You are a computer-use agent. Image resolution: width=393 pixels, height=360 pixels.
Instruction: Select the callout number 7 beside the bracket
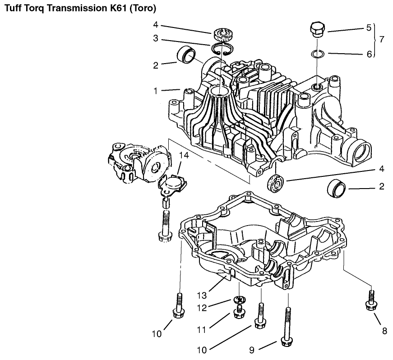(x=382, y=39)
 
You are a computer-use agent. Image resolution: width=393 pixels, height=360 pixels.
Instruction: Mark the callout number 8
(x=384, y=331)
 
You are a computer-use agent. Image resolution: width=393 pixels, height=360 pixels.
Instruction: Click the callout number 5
(x=369, y=28)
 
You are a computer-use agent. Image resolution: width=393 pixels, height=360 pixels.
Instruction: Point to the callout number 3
(x=156, y=39)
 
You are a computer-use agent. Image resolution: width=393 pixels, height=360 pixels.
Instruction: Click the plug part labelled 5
(x=317, y=29)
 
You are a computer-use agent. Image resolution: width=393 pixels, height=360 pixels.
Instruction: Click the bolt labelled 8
(x=371, y=300)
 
